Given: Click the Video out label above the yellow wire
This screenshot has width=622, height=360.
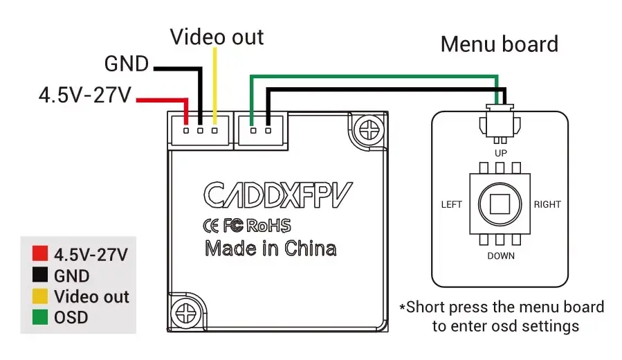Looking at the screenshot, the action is [217, 37].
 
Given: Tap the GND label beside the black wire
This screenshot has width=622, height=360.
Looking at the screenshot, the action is [127, 64].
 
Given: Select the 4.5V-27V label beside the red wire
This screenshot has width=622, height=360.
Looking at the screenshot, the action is [85, 96].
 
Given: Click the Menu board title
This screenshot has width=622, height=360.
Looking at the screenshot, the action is [500, 44].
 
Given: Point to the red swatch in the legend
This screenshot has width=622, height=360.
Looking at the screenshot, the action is [40, 253].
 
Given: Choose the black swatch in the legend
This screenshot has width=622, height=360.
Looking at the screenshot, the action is [40, 275].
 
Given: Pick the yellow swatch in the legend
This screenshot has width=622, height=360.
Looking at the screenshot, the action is [40, 296].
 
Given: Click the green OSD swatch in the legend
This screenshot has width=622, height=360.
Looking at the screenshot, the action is [40, 317].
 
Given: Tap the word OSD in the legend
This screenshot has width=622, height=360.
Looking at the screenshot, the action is [71, 318].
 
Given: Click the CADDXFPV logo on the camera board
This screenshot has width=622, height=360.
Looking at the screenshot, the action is [277, 195].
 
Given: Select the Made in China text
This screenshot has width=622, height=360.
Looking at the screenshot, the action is [271, 249].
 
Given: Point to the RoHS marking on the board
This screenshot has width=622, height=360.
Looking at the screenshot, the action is [268, 226].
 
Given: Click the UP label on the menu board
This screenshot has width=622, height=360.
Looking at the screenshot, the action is [501, 153].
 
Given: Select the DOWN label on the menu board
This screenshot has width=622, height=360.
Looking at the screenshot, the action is [501, 256].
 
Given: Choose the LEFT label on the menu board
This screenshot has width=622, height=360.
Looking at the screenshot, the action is [452, 204].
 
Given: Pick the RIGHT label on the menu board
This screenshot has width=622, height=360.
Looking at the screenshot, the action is [547, 204].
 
